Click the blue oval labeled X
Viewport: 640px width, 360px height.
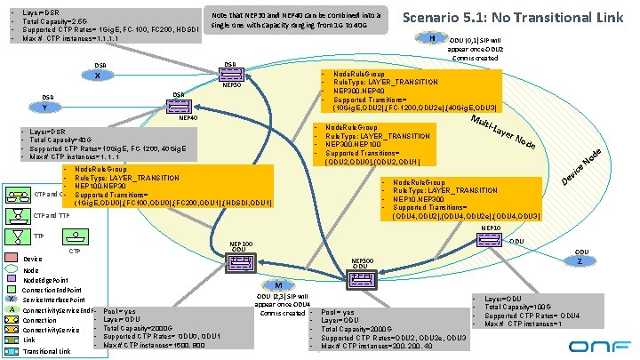[97, 75]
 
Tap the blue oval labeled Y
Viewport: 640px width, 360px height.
[45, 108]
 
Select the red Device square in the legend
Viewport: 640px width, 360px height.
[12, 258]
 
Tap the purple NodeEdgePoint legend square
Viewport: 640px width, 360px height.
[12, 279]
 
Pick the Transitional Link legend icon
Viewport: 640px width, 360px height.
[12, 351]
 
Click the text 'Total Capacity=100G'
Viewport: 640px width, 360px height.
[532, 307]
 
